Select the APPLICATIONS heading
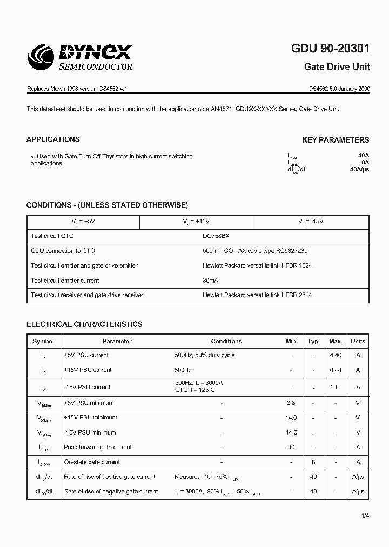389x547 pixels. coord(53,139)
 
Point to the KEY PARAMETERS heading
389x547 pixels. coord(336,140)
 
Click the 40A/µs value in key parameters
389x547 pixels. coord(359,170)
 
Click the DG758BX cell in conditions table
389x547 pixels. coord(219,236)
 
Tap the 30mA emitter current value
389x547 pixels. coord(211,281)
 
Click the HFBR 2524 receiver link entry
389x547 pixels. coord(257,295)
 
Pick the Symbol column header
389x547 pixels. coord(43,341)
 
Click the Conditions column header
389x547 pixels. coord(226,341)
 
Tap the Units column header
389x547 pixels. coord(358,341)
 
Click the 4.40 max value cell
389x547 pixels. coord(336,355)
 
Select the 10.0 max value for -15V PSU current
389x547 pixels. coord(336,387)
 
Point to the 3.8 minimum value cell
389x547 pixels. coord(291,403)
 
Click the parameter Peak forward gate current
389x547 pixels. coord(98,447)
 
